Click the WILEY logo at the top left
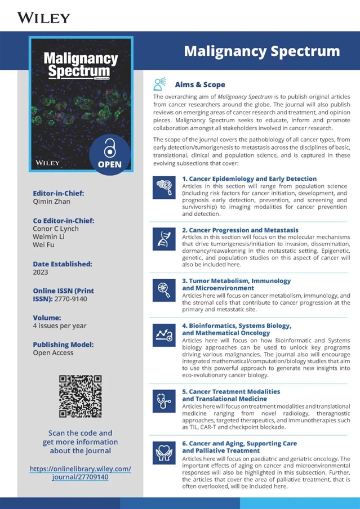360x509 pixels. [44, 17]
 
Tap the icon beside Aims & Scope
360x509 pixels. [161, 84]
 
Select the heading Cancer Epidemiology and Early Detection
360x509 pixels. [249, 178]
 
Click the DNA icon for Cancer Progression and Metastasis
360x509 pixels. [161, 240]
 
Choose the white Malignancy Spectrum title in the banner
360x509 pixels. [262, 52]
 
